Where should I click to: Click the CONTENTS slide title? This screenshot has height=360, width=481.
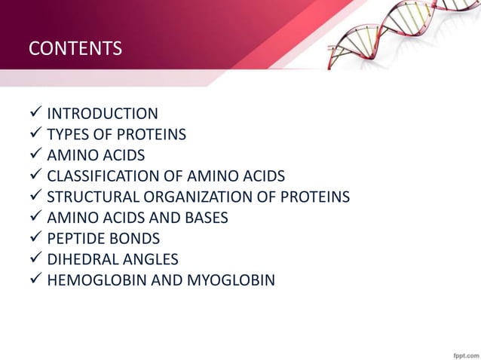[75, 50]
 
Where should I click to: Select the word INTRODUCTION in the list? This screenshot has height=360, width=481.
[103, 114]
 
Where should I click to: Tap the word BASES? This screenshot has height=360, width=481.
[203, 218]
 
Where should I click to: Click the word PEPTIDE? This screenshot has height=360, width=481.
[73, 239]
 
